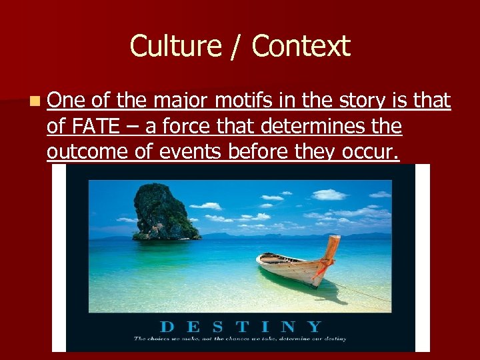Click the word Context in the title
[301, 46]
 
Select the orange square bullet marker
[34, 101]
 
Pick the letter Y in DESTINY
[313, 327]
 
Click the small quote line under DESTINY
[240, 339]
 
